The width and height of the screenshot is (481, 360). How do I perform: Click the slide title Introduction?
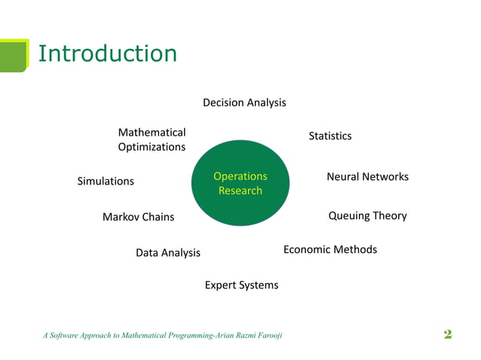tap(107, 53)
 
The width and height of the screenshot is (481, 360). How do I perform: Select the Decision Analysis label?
tap(244, 102)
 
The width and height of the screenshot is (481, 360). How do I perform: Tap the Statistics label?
tap(329, 136)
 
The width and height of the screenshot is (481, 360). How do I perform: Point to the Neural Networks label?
tap(367, 176)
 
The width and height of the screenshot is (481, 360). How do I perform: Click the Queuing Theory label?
tap(367, 215)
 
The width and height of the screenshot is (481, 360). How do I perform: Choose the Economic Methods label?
tap(329, 249)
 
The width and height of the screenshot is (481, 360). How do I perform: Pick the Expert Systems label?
tap(241, 285)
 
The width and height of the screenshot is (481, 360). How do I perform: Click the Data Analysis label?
tap(167, 253)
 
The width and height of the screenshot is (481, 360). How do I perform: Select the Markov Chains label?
tap(138, 217)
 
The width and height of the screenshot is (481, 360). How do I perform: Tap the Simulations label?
tap(106, 182)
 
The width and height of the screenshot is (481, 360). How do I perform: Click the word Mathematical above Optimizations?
tap(152, 133)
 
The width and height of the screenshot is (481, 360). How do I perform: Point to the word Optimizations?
tap(152, 147)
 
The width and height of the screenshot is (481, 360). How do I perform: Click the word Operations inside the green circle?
tap(240, 176)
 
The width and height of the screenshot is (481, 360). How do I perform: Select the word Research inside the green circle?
tap(240, 191)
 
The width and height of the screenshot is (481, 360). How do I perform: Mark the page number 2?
tap(448, 334)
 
